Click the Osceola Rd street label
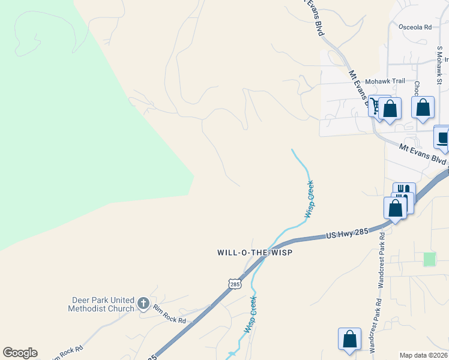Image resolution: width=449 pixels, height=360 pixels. (415, 28)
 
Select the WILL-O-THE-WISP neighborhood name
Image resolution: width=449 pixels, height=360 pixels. (255, 253)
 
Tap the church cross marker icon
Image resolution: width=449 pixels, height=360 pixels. (143, 304)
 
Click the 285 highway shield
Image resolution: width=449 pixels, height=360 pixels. (234, 282)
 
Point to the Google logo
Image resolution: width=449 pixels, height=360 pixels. (20, 353)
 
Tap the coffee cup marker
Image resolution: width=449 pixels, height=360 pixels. (443, 137)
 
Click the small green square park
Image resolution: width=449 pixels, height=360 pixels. (429, 259)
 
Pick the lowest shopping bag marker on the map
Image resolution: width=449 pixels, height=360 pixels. (349, 340)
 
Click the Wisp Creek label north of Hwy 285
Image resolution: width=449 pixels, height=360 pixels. (310, 199)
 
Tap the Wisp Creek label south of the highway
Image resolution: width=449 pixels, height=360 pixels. (250, 314)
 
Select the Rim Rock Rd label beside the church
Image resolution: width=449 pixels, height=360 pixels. (169, 314)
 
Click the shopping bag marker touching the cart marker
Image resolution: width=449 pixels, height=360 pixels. (390, 109)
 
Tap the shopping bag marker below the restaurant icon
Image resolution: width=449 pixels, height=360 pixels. (396, 208)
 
